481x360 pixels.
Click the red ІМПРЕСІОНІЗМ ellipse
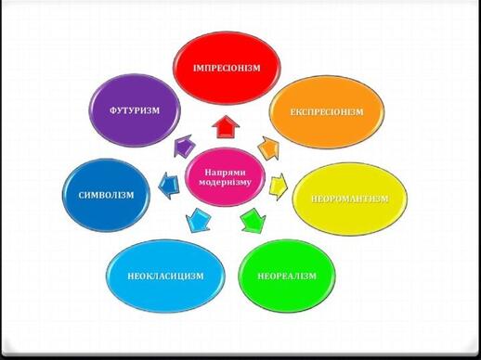(227, 68)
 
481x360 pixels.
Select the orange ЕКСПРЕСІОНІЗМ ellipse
(327, 111)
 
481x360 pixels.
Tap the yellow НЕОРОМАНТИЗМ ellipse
(350, 199)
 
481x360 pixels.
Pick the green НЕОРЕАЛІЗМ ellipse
(287, 276)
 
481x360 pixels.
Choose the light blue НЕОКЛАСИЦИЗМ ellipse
(165, 276)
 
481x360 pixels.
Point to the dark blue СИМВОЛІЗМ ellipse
(106, 195)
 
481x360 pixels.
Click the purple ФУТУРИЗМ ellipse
(135, 110)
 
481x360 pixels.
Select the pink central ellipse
(225, 177)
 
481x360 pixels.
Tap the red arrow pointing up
(226, 127)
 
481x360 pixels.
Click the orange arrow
(268, 148)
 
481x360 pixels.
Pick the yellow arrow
(278, 186)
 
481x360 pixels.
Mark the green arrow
(253, 221)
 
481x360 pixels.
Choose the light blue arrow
(199, 220)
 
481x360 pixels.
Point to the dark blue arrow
(168, 186)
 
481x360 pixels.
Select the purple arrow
(184, 146)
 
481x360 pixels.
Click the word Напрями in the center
(225, 172)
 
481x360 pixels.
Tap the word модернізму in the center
(225, 182)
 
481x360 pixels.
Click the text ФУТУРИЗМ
(135, 110)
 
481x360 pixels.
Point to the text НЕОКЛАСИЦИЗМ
(165, 276)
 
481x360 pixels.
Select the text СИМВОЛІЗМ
(106, 195)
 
